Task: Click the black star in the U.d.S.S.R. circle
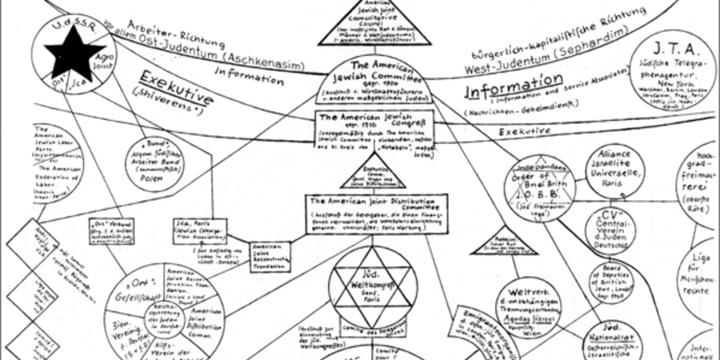[x=73, y=52]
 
